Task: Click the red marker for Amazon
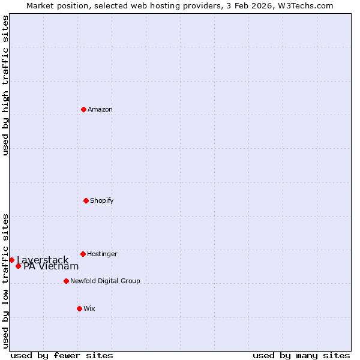pos(83,109)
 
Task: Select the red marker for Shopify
pos(86,200)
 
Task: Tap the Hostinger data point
pos(83,254)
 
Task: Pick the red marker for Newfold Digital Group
pos(66,281)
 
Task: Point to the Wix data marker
pos(79,308)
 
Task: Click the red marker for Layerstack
pos(11,260)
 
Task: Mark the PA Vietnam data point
pos(18,266)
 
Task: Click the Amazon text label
pos(100,109)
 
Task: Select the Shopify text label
pos(102,200)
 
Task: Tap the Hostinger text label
pos(102,254)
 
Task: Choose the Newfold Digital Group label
pos(105,281)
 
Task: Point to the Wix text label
pos(89,308)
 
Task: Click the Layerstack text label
pos(43,260)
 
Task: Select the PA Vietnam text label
pos(51,266)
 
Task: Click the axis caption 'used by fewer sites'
pos(62,355)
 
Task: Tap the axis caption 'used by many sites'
pos(301,355)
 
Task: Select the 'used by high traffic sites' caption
pos(5,85)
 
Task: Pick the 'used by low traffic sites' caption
pos(5,280)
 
